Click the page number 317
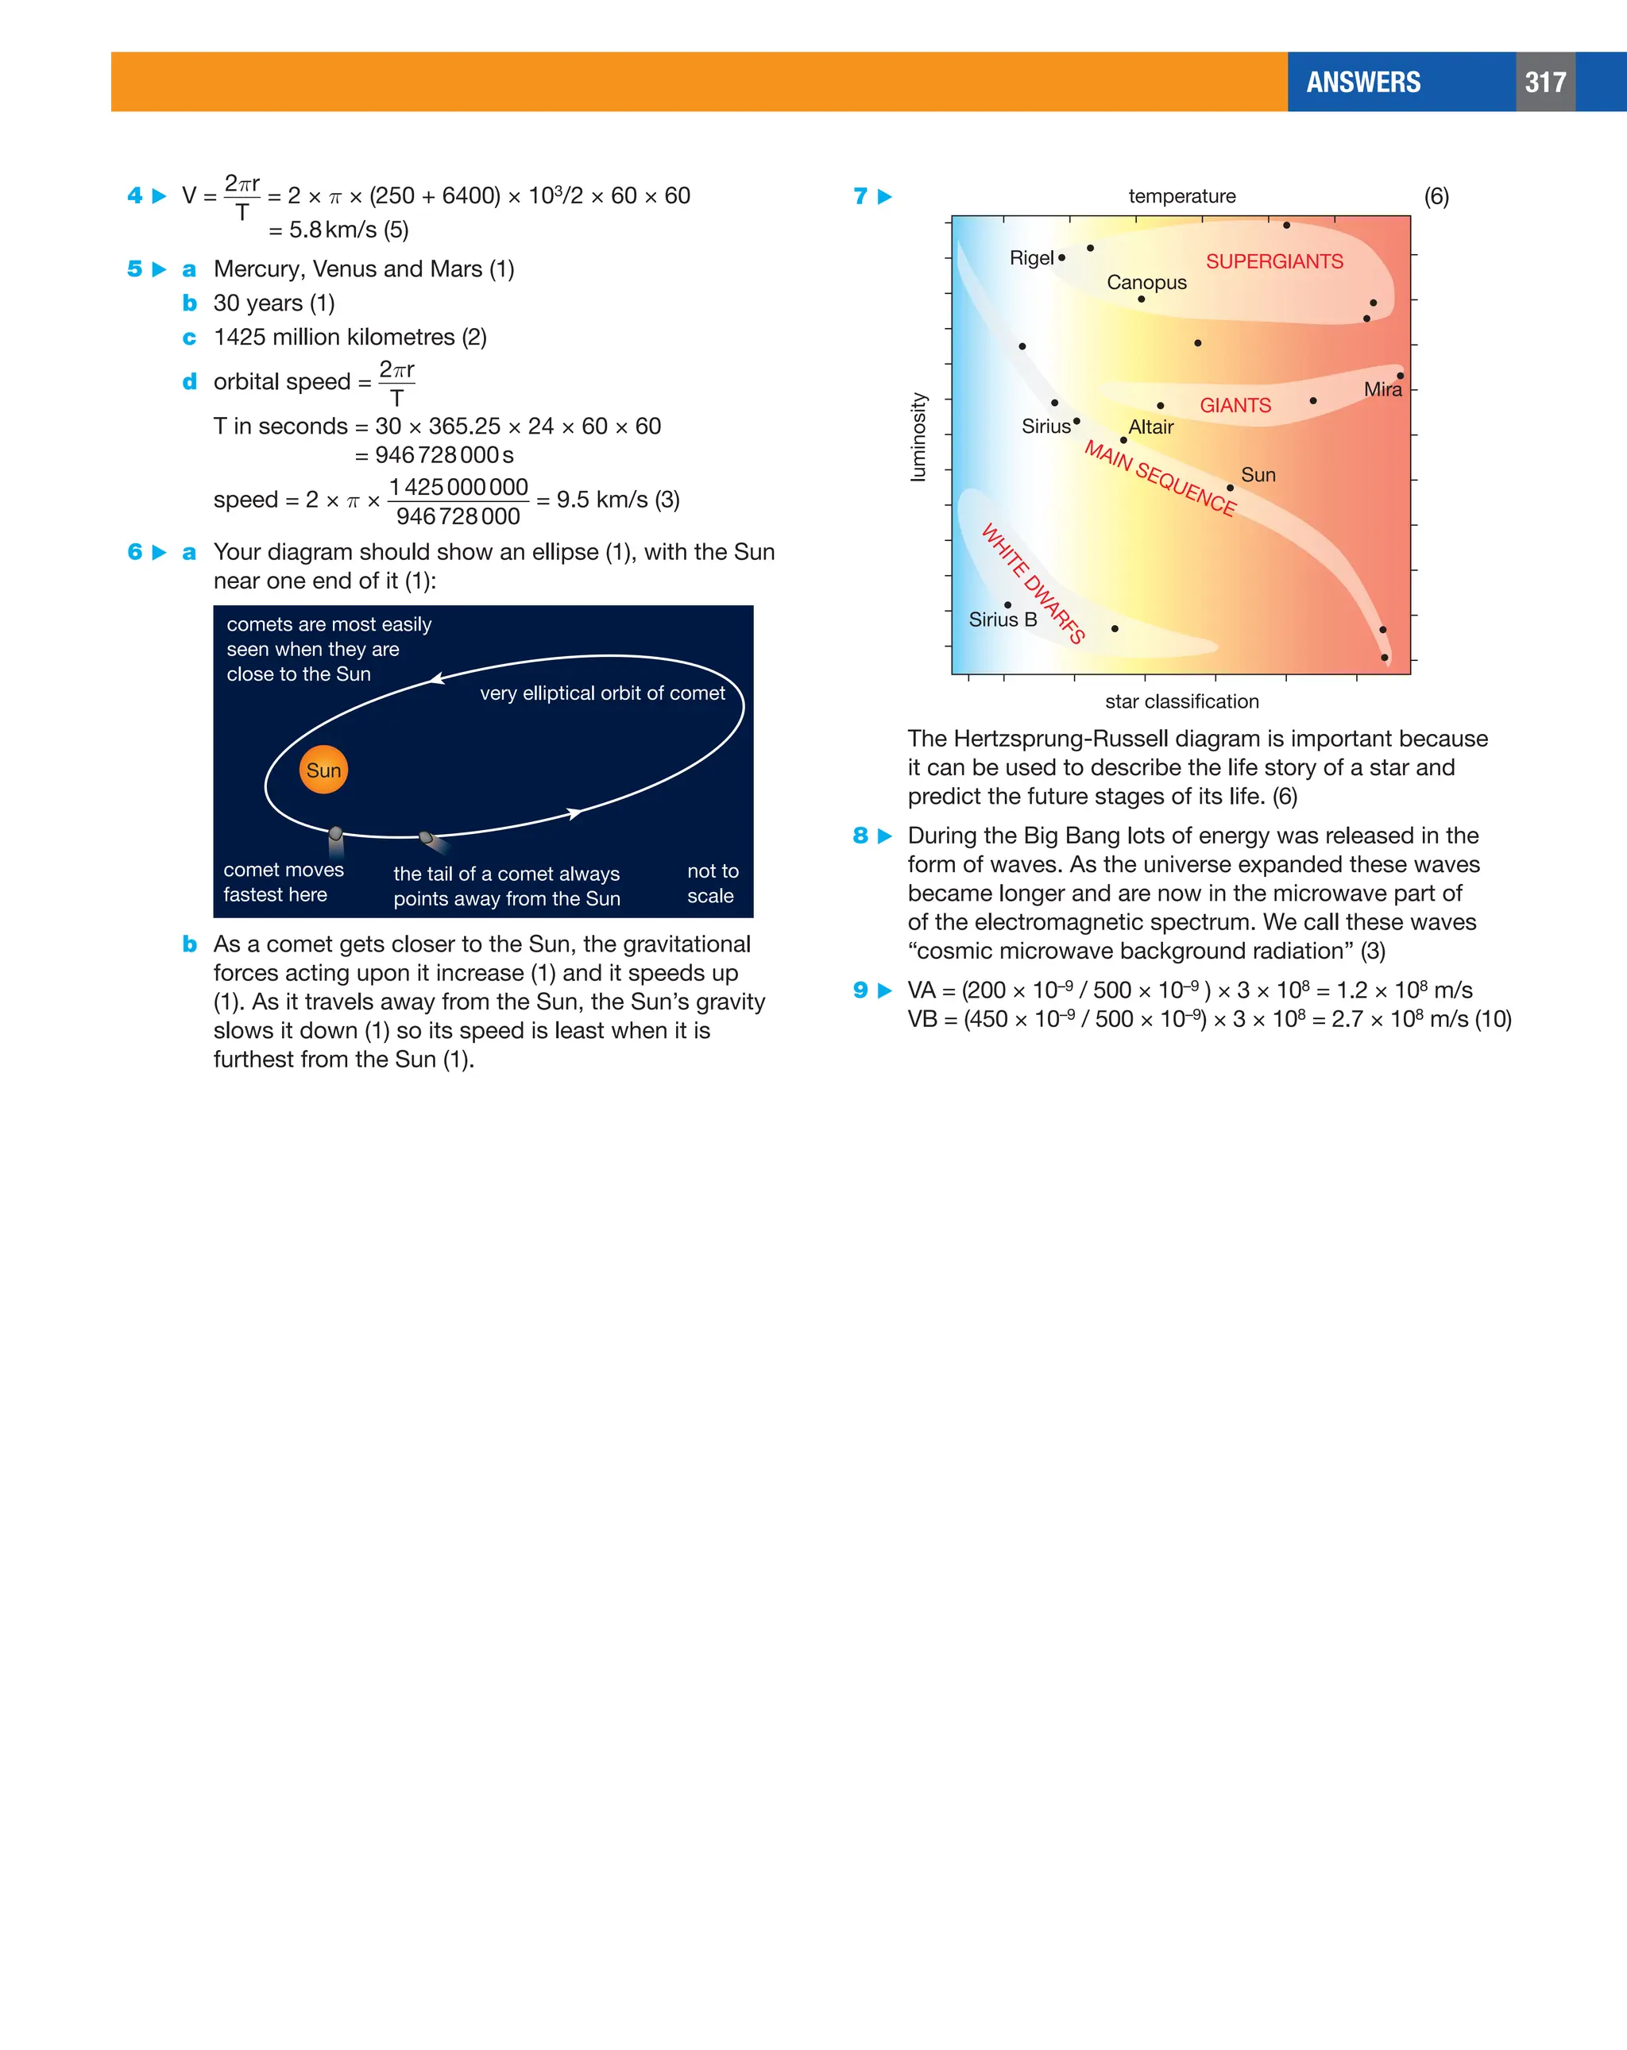tap(1544, 83)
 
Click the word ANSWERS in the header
tap(1362, 83)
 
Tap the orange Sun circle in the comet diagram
tap(323, 770)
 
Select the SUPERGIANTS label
tap(1274, 261)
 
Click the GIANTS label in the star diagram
tap(1235, 406)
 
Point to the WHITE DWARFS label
tap(1033, 583)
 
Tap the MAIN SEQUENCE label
tap(1160, 479)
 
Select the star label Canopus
tap(1146, 283)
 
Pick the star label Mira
tap(1382, 390)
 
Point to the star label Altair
tap(1150, 428)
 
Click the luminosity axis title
tap(918, 438)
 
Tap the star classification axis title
tap(1181, 701)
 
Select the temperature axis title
tap(1181, 197)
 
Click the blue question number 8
tap(860, 836)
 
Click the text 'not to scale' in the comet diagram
tap(713, 883)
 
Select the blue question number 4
tap(135, 196)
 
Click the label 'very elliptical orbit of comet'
tap(602, 694)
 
